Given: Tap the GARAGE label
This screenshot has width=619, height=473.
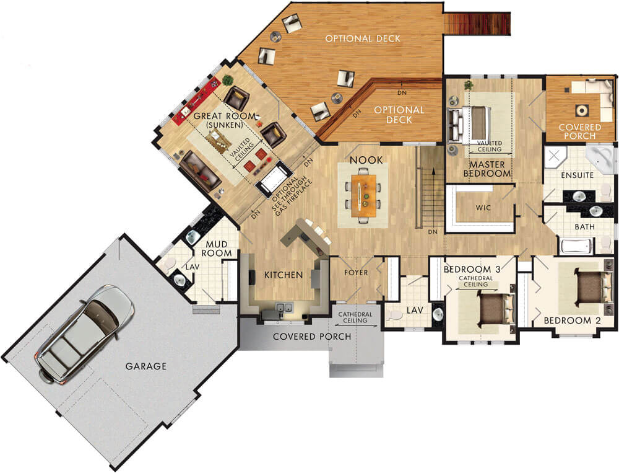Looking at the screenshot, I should coord(146,366).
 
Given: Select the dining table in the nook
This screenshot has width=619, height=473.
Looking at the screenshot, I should coord(363,197).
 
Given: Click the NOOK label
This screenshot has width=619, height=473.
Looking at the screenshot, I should coord(366,160).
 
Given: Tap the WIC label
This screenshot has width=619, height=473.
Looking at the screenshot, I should coord(483,208).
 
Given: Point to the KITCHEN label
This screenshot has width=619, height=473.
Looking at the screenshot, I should coord(284,275).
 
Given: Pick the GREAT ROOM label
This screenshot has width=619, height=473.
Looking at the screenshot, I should coord(217,116).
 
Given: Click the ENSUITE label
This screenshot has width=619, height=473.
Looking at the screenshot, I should coord(577,175).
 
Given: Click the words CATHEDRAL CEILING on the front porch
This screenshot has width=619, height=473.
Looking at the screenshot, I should coord(355,318).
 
